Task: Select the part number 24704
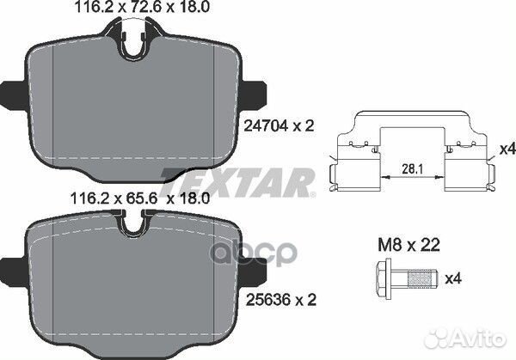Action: coord(266,125)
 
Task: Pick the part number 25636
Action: coord(268,300)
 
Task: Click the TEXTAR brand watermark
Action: coord(237,183)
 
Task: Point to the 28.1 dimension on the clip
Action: coord(412,168)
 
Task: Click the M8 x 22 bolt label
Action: coord(408,245)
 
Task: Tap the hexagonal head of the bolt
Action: coord(384,278)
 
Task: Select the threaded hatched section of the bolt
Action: coord(419,278)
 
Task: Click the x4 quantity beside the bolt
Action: coord(453,278)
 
